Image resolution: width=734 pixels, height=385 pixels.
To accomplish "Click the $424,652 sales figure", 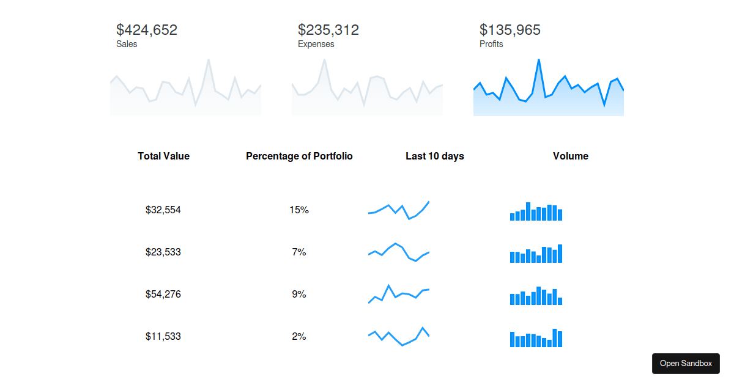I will (x=147, y=30).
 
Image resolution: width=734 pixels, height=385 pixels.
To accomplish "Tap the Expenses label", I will (x=316, y=44).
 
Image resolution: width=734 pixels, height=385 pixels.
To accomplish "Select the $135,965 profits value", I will (x=510, y=30).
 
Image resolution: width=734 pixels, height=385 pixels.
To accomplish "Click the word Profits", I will (x=491, y=44).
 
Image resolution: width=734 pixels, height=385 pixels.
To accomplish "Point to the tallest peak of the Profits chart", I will (x=538, y=61).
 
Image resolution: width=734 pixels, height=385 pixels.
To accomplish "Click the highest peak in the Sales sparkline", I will (x=209, y=61).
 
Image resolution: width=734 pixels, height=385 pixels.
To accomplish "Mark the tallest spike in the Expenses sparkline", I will (x=324, y=61).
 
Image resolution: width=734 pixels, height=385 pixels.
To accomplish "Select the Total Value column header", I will (x=163, y=156).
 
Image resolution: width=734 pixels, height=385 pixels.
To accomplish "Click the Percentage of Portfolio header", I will (x=299, y=156).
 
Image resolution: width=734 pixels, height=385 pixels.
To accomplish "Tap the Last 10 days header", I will (x=434, y=156).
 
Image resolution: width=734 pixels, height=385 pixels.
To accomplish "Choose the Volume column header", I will (x=570, y=156).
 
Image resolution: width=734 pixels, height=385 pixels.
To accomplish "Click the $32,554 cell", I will (x=163, y=210).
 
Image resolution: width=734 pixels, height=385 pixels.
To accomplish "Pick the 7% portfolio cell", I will (x=299, y=252).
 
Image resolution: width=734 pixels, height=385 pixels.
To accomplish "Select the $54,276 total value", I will (x=163, y=294).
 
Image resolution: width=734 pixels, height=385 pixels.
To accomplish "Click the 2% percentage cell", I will (x=299, y=336).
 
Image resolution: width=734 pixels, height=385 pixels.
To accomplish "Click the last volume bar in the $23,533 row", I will (x=560, y=254).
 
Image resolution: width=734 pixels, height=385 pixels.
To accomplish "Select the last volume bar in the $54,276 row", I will (x=560, y=301).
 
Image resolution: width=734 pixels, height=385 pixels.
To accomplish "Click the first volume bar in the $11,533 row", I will (x=512, y=339).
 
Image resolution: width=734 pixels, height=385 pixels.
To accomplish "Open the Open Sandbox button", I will (x=686, y=364).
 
